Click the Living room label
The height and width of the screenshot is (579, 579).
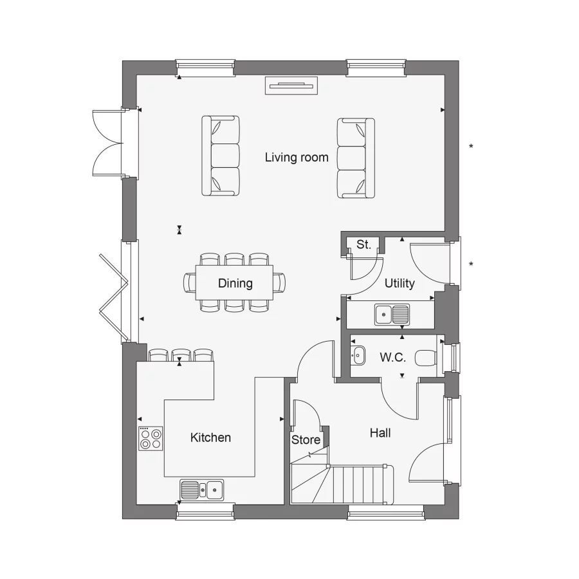(x=297, y=157)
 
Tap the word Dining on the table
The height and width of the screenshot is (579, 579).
(x=235, y=283)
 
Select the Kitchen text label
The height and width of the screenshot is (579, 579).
(x=210, y=437)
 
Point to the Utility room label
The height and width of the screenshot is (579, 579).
(x=400, y=283)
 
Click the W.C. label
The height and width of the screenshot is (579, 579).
(x=392, y=358)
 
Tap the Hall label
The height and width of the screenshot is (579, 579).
(x=380, y=433)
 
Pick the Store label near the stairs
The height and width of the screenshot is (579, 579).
(x=306, y=440)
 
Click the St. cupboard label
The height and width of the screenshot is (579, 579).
(x=363, y=244)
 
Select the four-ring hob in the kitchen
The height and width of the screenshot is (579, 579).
(x=151, y=438)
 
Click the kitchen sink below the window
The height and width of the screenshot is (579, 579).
(x=201, y=490)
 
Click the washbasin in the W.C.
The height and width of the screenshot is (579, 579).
(x=358, y=354)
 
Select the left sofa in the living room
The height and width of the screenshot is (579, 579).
(x=221, y=156)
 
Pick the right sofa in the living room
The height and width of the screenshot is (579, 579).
(x=356, y=158)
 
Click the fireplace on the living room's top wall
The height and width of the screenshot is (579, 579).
(x=291, y=86)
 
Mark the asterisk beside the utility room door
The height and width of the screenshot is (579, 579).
(x=471, y=264)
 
